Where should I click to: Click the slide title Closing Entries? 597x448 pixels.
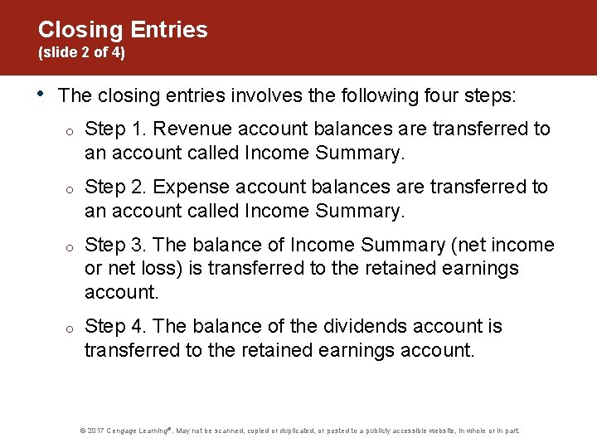[x=123, y=30]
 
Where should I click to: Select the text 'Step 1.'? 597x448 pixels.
[x=116, y=129]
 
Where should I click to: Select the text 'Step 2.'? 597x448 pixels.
[x=116, y=187]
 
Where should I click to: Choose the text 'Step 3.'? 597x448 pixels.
[x=116, y=245]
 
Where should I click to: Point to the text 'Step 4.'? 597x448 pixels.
[x=116, y=326]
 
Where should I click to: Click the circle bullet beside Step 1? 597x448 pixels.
[x=73, y=131]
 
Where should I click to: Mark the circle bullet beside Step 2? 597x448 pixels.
[x=73, y=189]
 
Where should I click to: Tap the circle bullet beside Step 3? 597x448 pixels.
[x=73, y=247]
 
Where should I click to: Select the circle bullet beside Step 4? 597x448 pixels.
[x=73, y=329]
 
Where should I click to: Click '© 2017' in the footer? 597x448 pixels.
[x=91, y=431]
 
